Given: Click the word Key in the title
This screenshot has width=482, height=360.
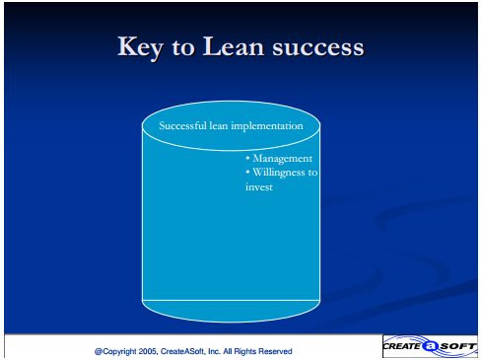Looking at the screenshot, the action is coord(140,47).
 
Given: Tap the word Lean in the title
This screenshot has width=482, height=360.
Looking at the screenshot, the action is coord(233,46).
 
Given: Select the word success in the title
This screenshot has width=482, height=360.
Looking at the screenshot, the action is coord(318,48).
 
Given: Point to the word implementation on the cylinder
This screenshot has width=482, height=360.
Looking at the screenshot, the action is coord(267,126).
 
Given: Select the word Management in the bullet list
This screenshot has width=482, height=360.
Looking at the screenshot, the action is coord(283,159).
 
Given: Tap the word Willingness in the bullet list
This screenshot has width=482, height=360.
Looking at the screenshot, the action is coord(279,173).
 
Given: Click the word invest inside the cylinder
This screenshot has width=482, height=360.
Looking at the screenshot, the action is coord(259,187).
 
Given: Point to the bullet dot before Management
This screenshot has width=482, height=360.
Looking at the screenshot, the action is coord(247,159).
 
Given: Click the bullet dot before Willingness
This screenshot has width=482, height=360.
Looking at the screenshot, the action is coord(247,172).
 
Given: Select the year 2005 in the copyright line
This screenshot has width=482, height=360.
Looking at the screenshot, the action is coord(148,351).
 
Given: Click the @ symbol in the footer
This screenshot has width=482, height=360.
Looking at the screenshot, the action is coord(99,352).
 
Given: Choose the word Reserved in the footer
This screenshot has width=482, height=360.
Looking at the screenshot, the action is coord(275,351).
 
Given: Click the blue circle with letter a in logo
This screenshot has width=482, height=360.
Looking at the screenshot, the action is coord(430,346).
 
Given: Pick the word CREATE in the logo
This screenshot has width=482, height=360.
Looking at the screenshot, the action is coord(402,346).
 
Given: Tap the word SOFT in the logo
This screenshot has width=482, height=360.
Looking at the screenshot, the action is coord(457,346).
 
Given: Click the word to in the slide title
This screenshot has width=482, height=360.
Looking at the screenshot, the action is coord(183,48).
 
